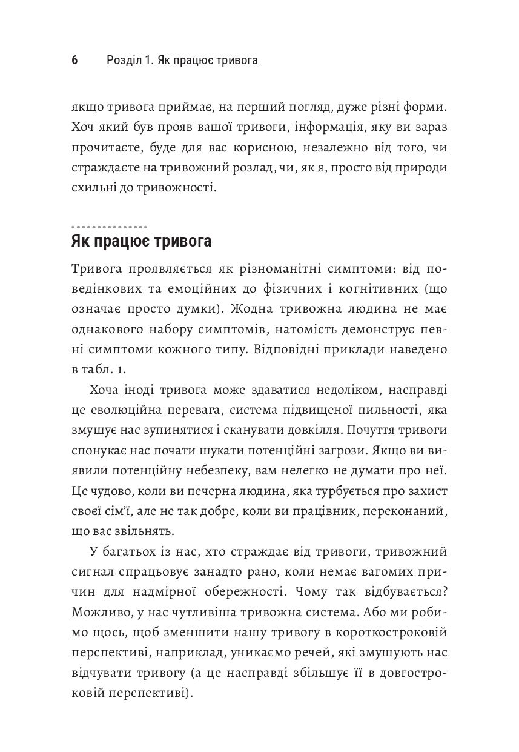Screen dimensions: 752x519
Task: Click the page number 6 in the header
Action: [x=74, y=61]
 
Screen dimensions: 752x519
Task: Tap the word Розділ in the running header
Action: [x=123, y=61]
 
